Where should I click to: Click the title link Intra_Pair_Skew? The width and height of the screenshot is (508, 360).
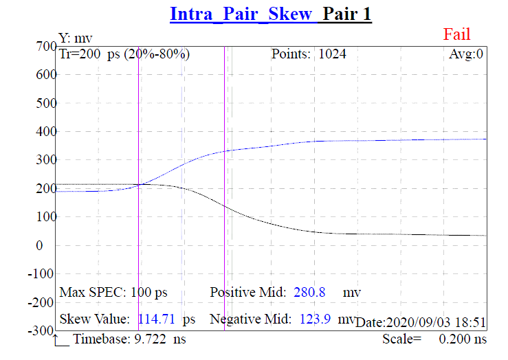[x=241, y=14]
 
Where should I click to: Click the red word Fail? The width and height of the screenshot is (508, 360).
[x=457, y=34]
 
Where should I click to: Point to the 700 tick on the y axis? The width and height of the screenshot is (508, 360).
[x=45, y=46]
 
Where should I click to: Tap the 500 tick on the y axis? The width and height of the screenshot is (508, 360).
[x=45, y=103]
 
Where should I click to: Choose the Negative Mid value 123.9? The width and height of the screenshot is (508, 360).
[x=321, y=319]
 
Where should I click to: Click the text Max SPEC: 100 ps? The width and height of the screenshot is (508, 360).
[x=113, y=293]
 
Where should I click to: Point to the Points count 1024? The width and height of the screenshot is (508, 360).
[x=332, y=54]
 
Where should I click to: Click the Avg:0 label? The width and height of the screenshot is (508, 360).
[x=466, y=54]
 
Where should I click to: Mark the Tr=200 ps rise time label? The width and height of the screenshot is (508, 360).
[x=124, y=54]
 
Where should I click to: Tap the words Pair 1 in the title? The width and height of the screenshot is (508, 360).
[x=347, y=14]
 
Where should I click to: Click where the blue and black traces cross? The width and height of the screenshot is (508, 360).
[x=140, y=184]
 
